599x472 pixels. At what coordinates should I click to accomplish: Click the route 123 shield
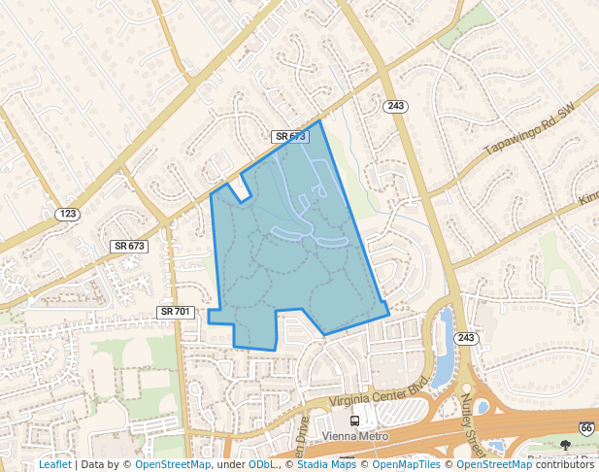tap(67, 213)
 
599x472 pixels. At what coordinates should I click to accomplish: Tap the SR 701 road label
tap(177, 312)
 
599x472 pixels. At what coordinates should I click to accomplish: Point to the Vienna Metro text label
tap(353, 436)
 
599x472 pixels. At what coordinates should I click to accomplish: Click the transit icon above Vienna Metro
tap(354, 421)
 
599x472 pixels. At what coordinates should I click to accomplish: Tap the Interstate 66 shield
tap(586, 428)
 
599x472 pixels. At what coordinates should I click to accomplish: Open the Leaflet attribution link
tap(54, 465)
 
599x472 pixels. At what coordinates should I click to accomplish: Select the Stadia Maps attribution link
tap(326, 465)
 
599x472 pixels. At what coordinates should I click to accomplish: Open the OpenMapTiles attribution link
tap(400, 465)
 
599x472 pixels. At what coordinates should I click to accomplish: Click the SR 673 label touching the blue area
tap(289, 137)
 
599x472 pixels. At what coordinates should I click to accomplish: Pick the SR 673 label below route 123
tap(129, 246)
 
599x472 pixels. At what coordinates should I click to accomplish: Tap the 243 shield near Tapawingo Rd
tap(394, 106)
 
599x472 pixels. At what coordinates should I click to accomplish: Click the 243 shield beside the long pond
tap(466, 338)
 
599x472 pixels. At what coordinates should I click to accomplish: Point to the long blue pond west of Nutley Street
tap(443, 350)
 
